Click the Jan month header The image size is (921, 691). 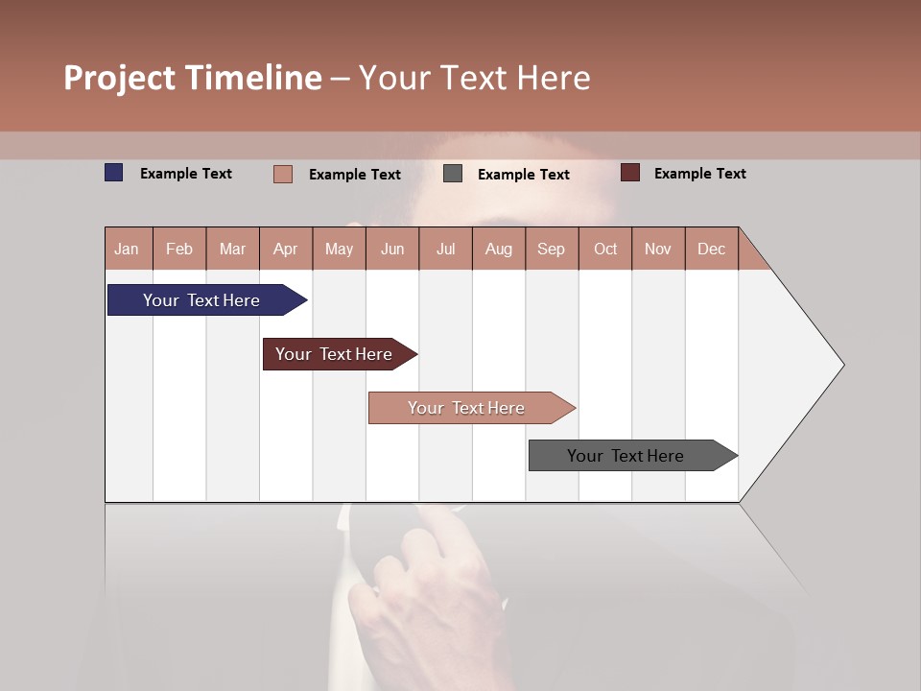(128, 249)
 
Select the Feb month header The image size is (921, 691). (179, 249)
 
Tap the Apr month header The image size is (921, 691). (286, 249)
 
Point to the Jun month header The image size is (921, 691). (392, 249)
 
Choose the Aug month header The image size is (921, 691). (499, 249)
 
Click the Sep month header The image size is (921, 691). (552, 249)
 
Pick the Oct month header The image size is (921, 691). (605, 249)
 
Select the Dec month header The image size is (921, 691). (712, 249)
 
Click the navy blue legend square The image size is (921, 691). (114, 173)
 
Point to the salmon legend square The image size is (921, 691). (283, 174)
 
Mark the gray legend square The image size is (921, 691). (453, 174)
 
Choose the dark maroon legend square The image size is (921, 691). (629, 173)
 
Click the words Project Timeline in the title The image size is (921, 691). (193, 78)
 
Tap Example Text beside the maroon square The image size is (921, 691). (699, 174)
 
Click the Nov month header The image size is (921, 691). (658, 249)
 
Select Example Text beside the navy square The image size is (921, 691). (186, 174)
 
